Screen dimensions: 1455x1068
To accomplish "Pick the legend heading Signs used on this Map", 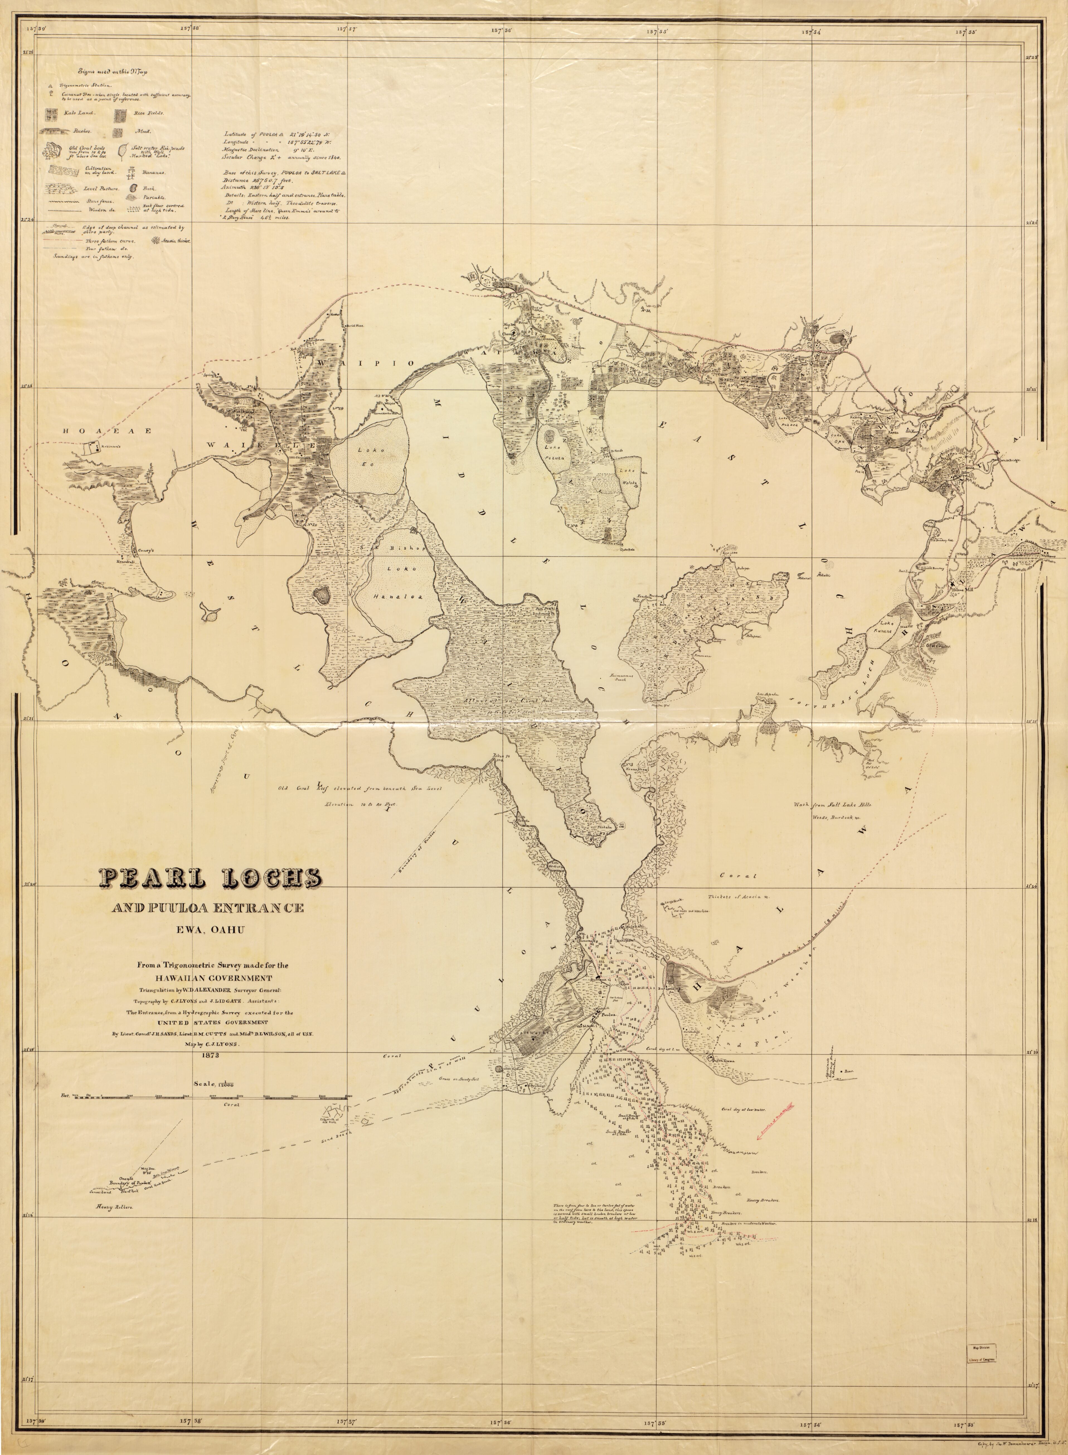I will [x=113, y=72].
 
